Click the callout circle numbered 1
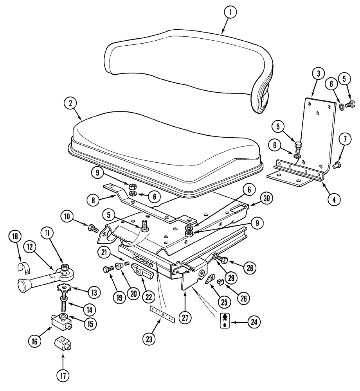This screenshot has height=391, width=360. (230, 13)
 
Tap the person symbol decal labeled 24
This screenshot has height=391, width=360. (224, 321)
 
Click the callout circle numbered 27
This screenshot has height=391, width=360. (186, 317)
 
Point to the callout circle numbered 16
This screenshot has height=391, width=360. (35, 341)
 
